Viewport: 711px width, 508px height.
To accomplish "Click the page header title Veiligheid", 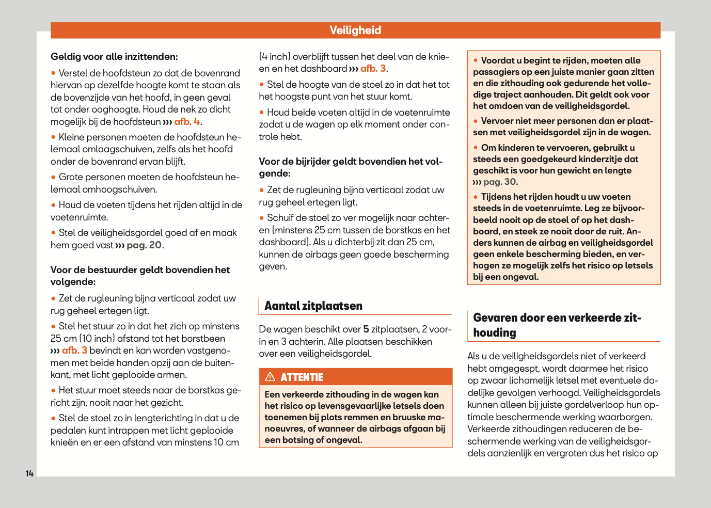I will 355,30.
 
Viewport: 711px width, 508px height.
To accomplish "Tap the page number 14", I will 29,473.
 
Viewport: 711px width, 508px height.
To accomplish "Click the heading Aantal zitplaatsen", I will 313,306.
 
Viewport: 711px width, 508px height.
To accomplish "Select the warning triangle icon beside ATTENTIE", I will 270,377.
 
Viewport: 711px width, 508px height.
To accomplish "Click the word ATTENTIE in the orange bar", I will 302,377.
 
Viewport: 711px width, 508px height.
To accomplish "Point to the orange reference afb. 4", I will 187,122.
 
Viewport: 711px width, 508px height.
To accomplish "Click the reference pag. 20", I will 144,245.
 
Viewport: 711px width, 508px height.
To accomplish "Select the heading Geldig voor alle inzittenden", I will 114,57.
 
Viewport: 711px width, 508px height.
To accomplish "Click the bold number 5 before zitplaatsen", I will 366,329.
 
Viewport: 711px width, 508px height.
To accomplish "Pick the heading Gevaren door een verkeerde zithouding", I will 557,325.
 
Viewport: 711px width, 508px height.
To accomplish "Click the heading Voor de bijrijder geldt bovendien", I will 350,167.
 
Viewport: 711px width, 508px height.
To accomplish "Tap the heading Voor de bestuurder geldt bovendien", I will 140,276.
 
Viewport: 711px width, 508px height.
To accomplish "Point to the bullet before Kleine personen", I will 53,137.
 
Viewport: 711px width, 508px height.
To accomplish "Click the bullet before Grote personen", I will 53,177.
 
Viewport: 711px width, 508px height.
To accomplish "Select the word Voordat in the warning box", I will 498,61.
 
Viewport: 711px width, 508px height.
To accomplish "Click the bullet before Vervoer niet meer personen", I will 476,121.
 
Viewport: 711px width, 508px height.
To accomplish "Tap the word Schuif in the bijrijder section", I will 280,218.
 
